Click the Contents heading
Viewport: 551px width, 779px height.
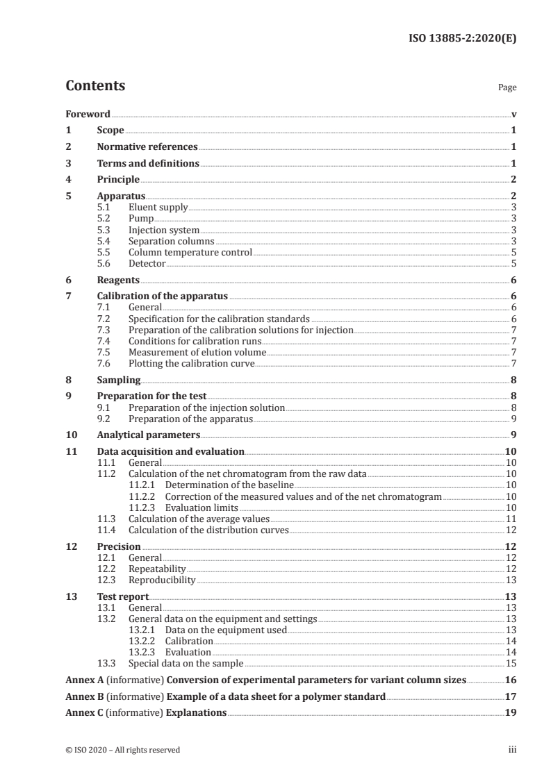click(x=95, y=86)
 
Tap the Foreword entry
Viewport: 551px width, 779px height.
click(x=88, y=114)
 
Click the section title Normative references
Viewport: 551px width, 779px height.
click(x=147, y=147)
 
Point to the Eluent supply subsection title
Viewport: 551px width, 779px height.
click(x=158, y=207)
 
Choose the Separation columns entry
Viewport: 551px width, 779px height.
click(x=171, y=241)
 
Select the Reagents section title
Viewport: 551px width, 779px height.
click(x=118, y=280)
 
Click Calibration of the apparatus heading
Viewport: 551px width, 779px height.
click(x=162, y=296)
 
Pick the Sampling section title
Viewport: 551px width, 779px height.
click(x=119, y=380)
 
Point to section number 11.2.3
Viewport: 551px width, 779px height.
click(x=143, y=508)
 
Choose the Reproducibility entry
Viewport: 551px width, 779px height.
click(x=162, y=580)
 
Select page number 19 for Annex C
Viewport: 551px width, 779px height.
click(x=510, y=713)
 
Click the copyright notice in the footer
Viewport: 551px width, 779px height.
click(x=122, y=750)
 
